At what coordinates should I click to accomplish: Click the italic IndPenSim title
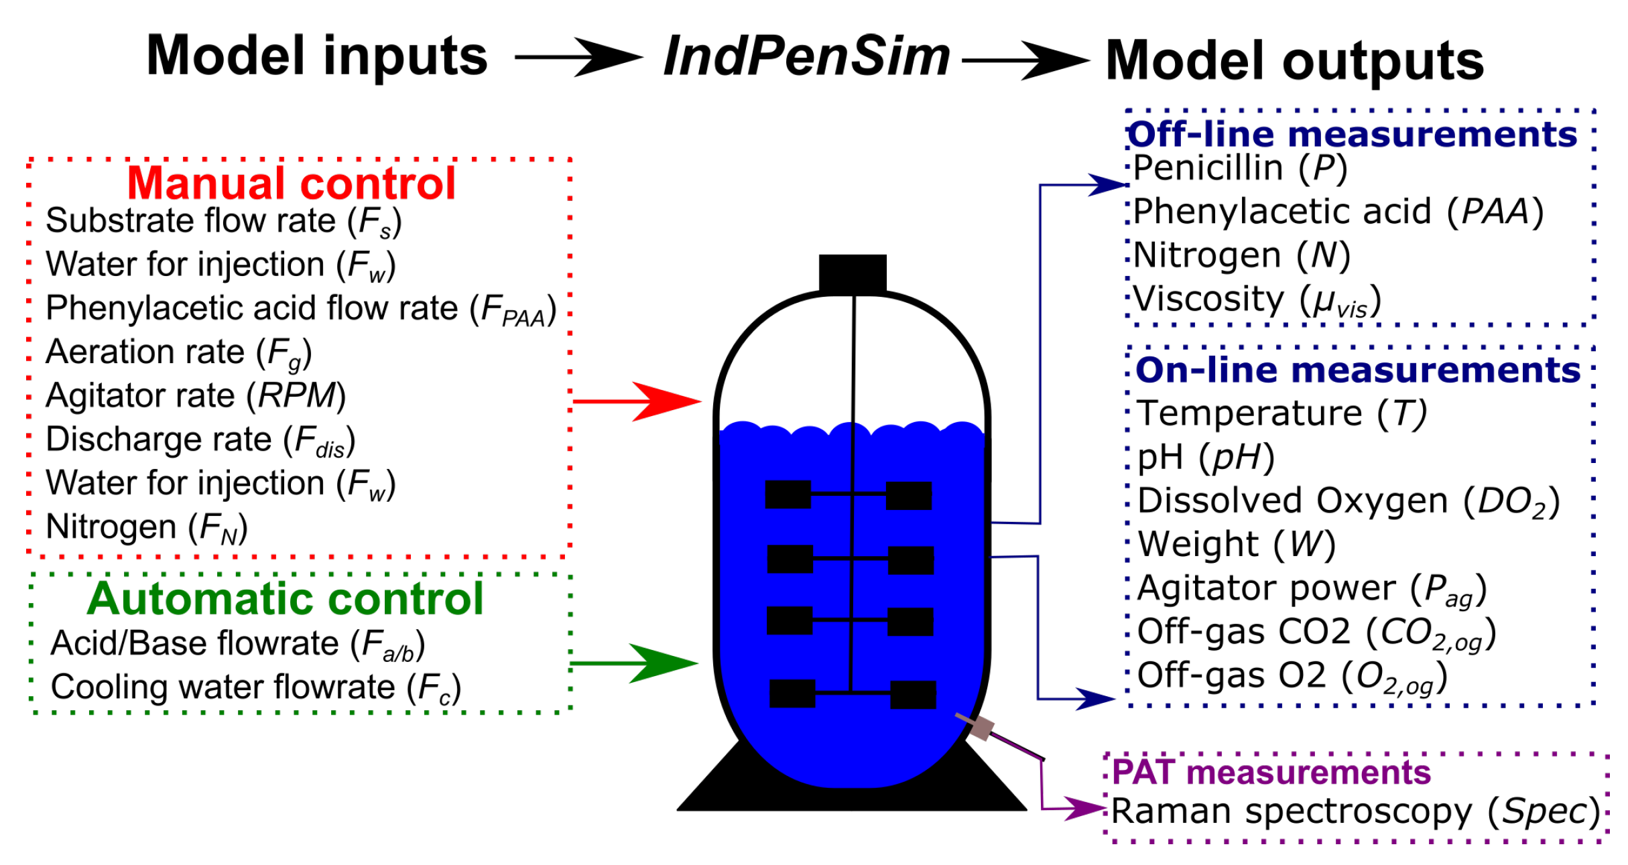(x=806, y=57)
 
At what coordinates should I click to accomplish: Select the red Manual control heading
(x=292, y=183)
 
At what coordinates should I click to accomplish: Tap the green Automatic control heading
(x=286, y=598)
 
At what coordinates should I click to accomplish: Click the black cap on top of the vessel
(x=853, y=273)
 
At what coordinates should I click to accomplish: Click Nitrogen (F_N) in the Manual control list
(x=147, y=527)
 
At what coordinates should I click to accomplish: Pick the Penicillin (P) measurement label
(x=1240, y=168)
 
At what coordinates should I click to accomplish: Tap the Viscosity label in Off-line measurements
(x=1257, y=300)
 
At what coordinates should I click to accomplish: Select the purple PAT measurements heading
(x=1271, y=773)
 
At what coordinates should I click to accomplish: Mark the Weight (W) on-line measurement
(x=1237, y=544)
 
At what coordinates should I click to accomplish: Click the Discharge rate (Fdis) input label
(x=200, y=440)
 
